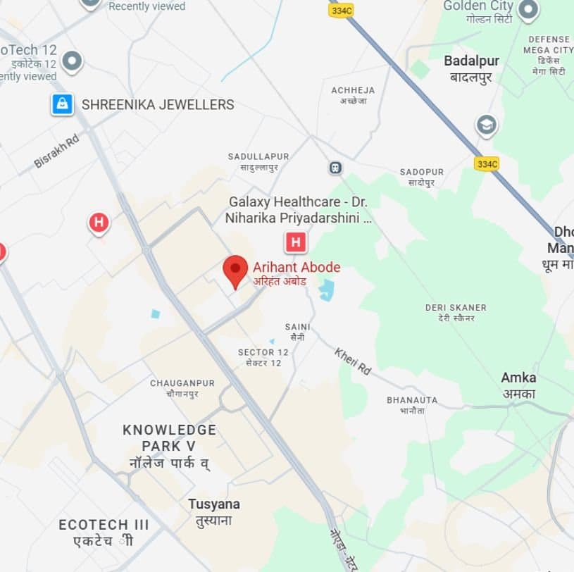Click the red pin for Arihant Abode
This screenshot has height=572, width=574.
coord(235,271)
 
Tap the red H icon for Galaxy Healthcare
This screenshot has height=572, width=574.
coord(296,243)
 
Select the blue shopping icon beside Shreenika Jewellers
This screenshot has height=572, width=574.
coord(62,104)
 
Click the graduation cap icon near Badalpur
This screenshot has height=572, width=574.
coord(486,125)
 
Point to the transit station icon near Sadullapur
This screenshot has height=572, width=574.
coord(335,168)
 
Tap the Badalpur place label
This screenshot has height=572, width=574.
coord(471,61)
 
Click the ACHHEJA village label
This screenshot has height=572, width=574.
coord(353,90)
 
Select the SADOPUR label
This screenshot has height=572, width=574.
coord(421,172)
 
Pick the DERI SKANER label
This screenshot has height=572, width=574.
coord(456,308)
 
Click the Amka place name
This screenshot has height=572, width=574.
coord(518,378)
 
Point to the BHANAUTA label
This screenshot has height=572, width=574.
coord(412,400)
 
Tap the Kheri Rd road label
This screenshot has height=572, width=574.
coord(352,361)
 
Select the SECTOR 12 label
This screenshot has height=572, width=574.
coord(263,352)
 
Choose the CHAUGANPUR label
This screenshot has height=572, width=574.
coord(182,383)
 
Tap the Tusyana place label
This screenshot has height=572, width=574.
coord(213,504)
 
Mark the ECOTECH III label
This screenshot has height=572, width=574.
coord(104,525)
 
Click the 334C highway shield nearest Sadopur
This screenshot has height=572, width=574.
coord(486,163)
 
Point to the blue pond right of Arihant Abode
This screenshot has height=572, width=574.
coord(326,290)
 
